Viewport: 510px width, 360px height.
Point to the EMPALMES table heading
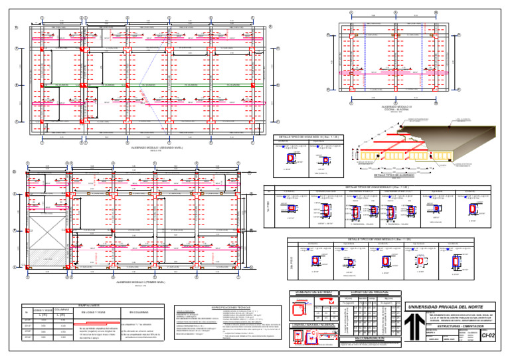coord(88,304)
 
